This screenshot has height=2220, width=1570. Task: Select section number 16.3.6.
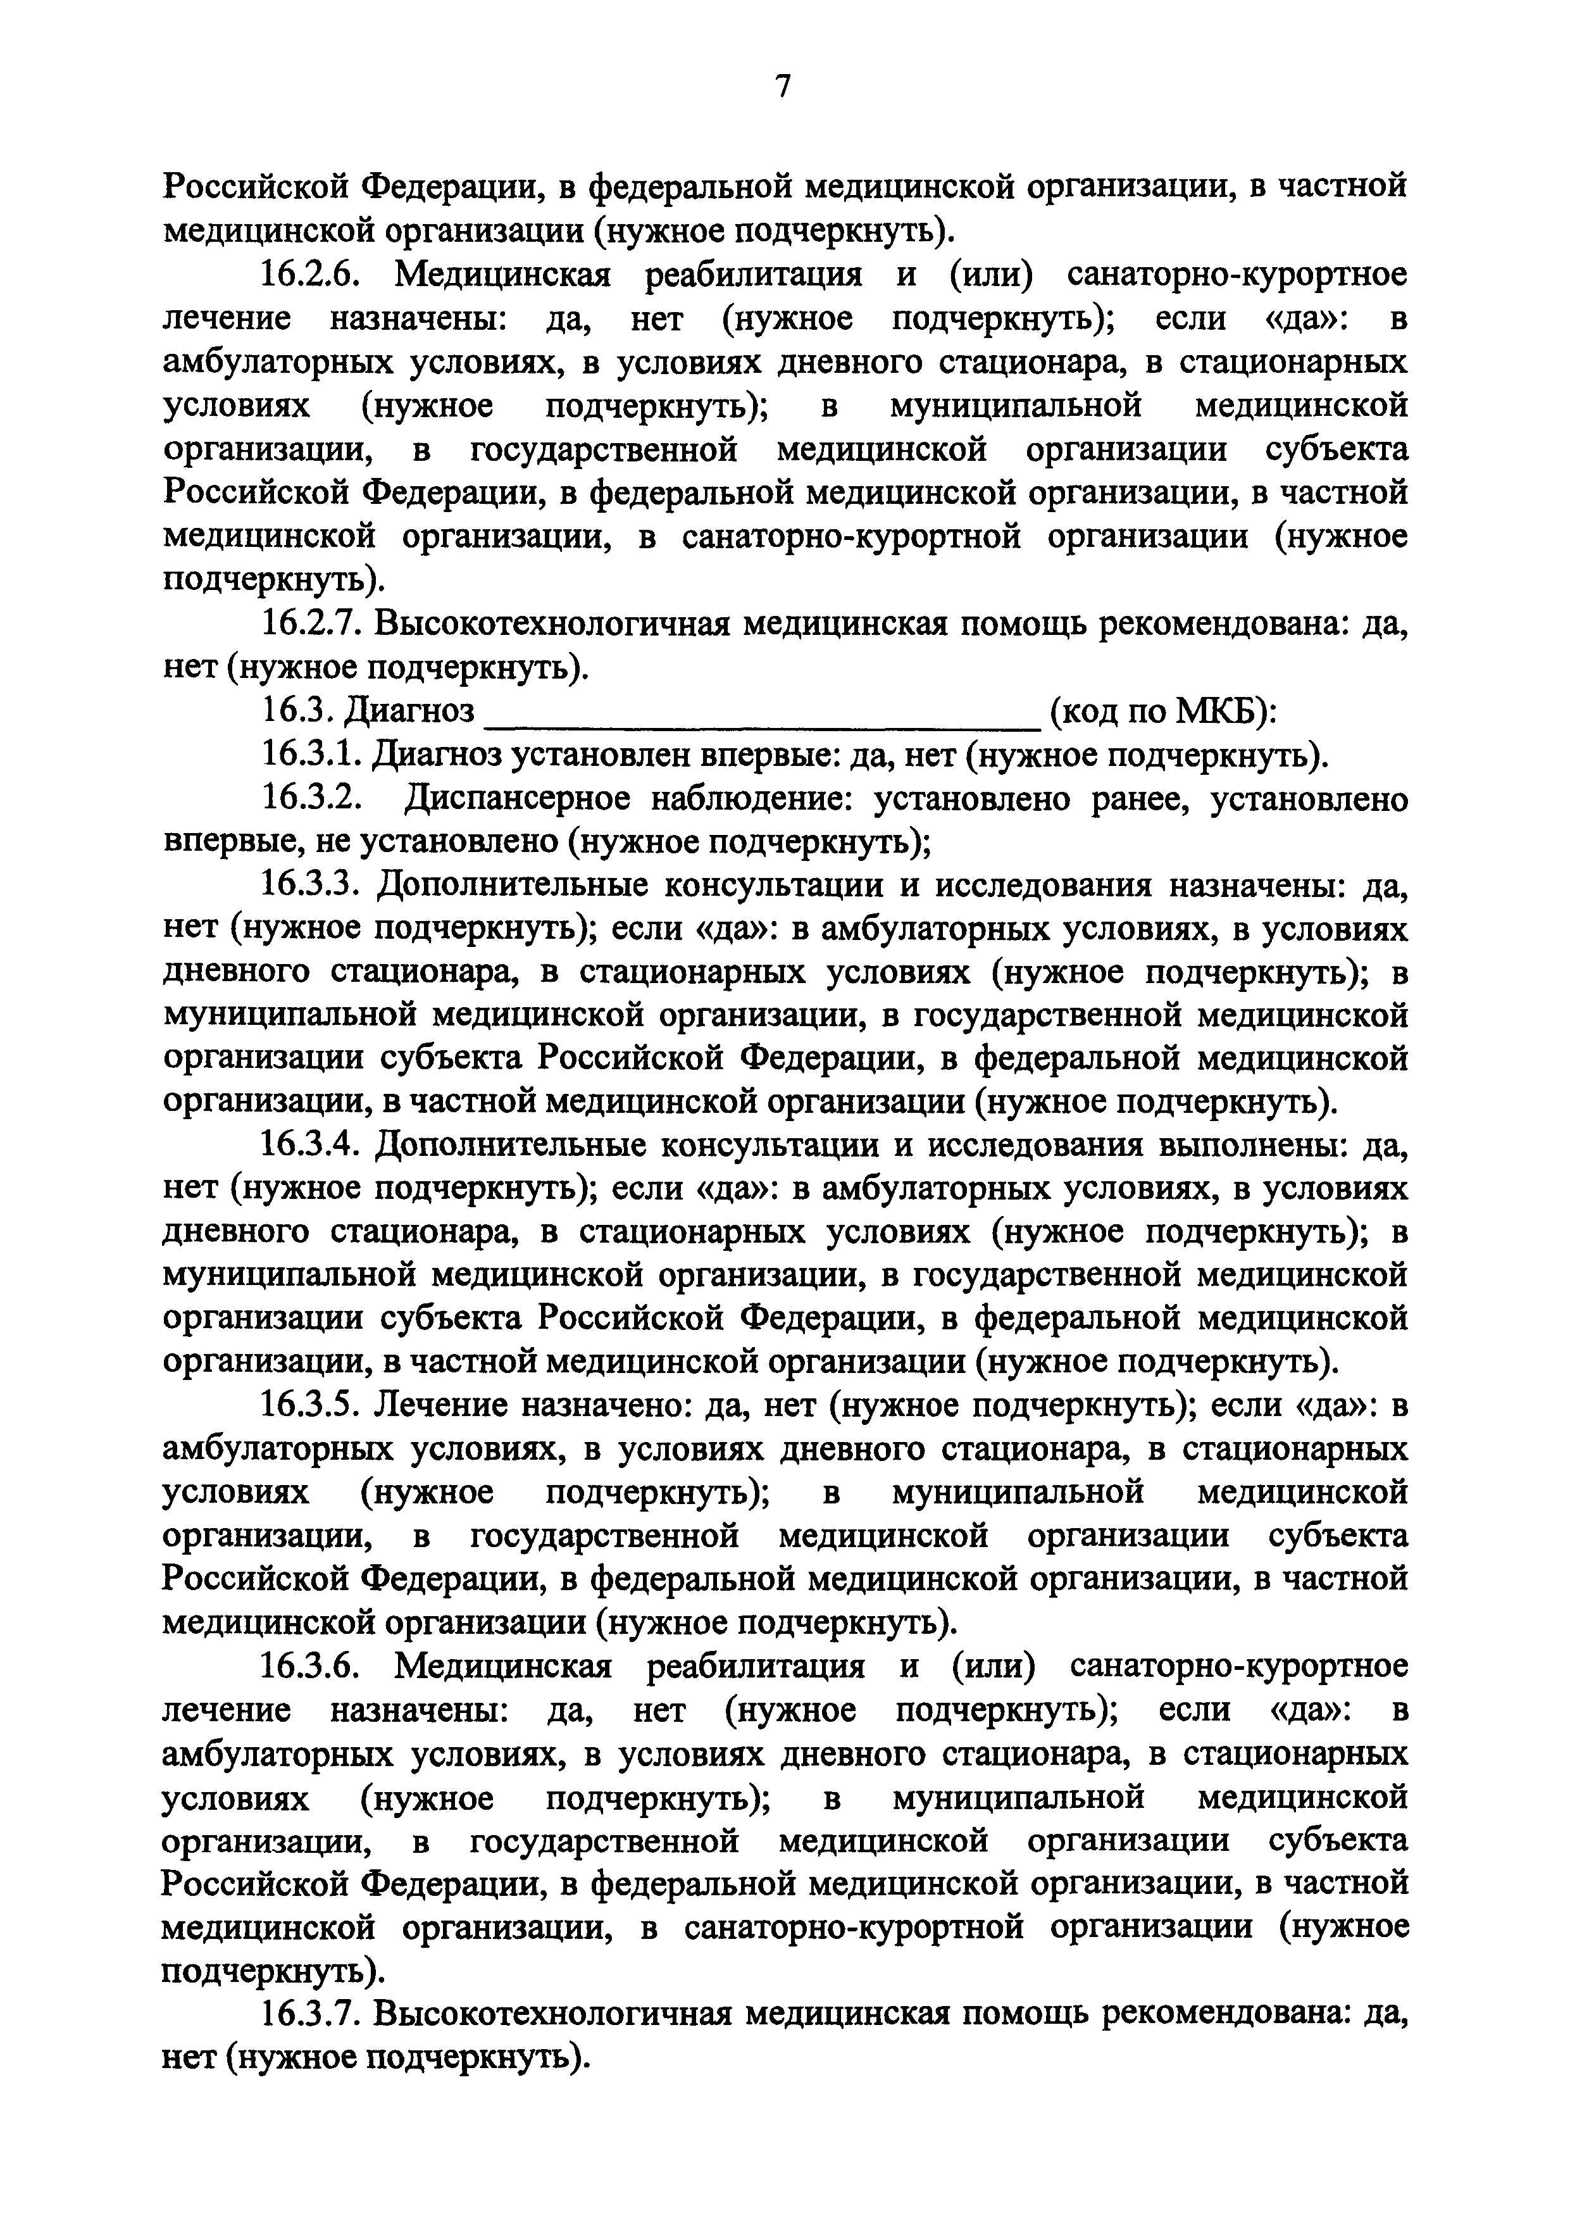tap(310, 1668)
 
